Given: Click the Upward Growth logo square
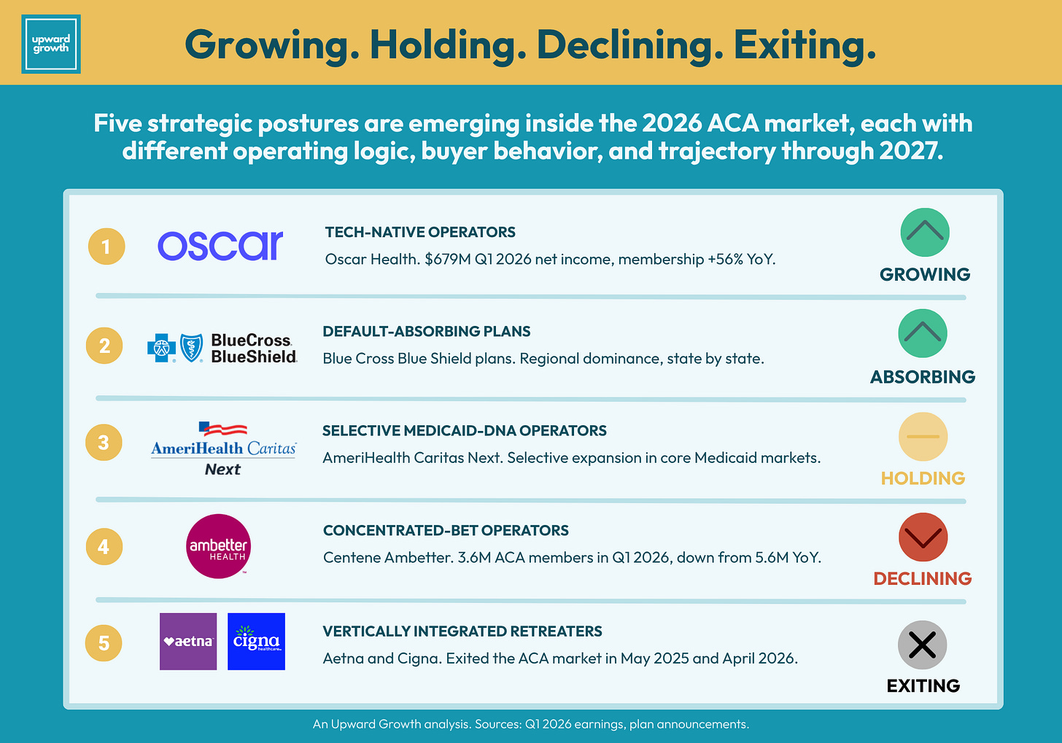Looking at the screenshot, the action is pos(51,44).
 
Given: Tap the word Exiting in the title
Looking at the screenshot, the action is pos(805,46).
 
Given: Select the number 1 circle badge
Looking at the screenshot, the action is pos(106,246).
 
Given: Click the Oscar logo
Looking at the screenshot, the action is pos(220,246).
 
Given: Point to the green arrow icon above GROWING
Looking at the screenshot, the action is pos(925,232).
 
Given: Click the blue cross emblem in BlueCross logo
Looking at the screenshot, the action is pos(161,348).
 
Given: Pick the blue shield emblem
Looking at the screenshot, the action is pos(192,348).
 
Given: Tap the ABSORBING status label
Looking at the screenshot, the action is pos(923,377).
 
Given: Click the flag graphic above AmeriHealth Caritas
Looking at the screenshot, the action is pos(223,428).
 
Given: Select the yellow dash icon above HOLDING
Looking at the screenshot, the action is pos(923,437).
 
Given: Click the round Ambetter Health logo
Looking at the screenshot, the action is pos(218,546).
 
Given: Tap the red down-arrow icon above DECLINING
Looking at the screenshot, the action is pos(923,537).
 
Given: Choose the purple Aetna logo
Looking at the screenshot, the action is pos(188,642).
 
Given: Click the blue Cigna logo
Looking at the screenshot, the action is pos(256,642).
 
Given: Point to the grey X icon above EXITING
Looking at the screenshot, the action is pos(922,645).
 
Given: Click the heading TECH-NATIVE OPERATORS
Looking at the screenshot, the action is pos(420,232).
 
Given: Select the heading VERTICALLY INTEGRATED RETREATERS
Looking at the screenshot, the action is pos(462,631).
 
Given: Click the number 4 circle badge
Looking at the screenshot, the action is pos(104,547).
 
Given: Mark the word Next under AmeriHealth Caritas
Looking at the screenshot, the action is pos(222,469).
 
